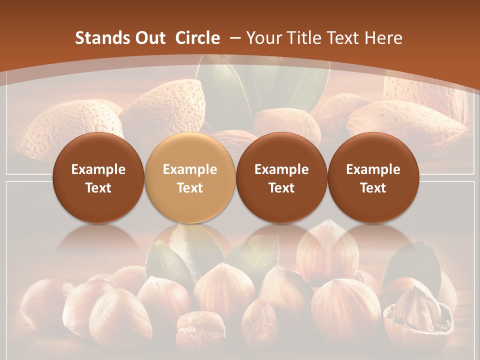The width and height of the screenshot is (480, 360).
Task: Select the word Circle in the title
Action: pos(197,38)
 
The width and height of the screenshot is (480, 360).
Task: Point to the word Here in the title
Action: pos(383,38)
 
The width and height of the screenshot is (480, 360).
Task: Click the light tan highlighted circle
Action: pos(189,177)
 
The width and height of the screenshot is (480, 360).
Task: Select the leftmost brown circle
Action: pos(98,177)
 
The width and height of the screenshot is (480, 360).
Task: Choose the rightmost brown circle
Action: pos(373,177)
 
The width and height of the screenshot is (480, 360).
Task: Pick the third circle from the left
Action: pos(281,177)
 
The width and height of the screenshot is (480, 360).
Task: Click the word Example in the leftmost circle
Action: pos(98,169)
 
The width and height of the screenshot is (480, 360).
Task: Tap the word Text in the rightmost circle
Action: pos(373,188)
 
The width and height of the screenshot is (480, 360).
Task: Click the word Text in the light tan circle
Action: pos(189,188)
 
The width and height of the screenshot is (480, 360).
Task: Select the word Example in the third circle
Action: pos(281,169)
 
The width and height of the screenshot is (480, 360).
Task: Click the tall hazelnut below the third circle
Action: pos(327,255)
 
